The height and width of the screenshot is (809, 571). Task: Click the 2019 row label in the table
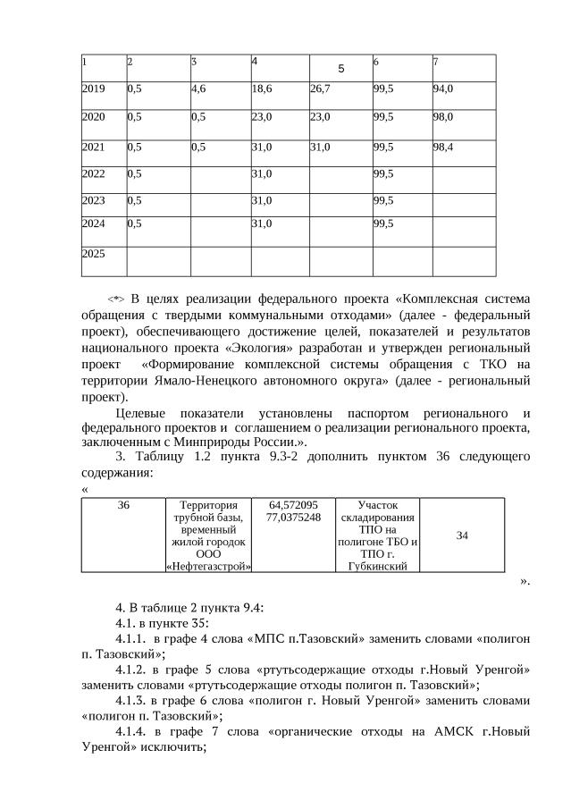(x=93, y=89)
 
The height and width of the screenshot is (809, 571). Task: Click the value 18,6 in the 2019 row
(x=262, y=89)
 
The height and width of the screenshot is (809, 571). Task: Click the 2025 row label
(x=93, y=254)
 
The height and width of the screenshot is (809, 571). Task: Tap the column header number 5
(x=341, y=68)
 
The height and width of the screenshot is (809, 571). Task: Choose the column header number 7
(x=435, y=61)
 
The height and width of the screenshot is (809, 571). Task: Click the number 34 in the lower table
(x=462, y=535)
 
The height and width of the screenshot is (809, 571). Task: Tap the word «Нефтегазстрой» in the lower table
(x=208, y=566)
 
